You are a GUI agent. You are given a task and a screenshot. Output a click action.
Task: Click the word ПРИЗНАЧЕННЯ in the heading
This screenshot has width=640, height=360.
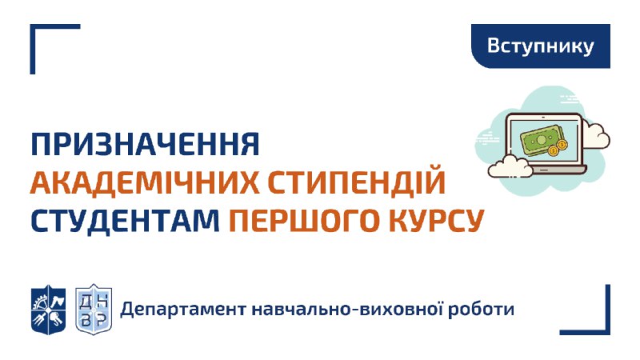point(146,144)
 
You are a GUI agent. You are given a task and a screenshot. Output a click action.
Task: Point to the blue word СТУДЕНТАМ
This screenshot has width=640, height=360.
point(126,221)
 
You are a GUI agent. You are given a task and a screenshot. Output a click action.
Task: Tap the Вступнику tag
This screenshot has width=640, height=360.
point(541,46)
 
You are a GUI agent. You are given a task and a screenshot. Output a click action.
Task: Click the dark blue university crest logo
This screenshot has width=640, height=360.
point(49,310)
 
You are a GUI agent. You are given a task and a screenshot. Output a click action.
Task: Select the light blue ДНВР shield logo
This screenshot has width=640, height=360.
point(94,310)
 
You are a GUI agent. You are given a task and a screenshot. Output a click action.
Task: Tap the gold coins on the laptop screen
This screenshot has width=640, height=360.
point(558,148)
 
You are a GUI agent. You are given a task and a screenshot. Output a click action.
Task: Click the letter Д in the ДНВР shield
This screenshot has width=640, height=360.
point(86,302)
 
